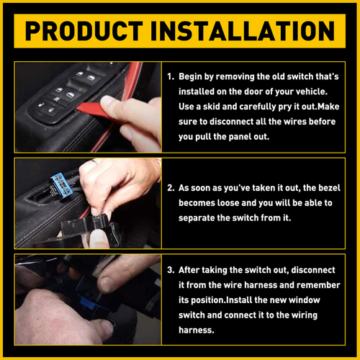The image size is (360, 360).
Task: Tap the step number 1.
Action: pyautogui.click(x=170, y=76)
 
